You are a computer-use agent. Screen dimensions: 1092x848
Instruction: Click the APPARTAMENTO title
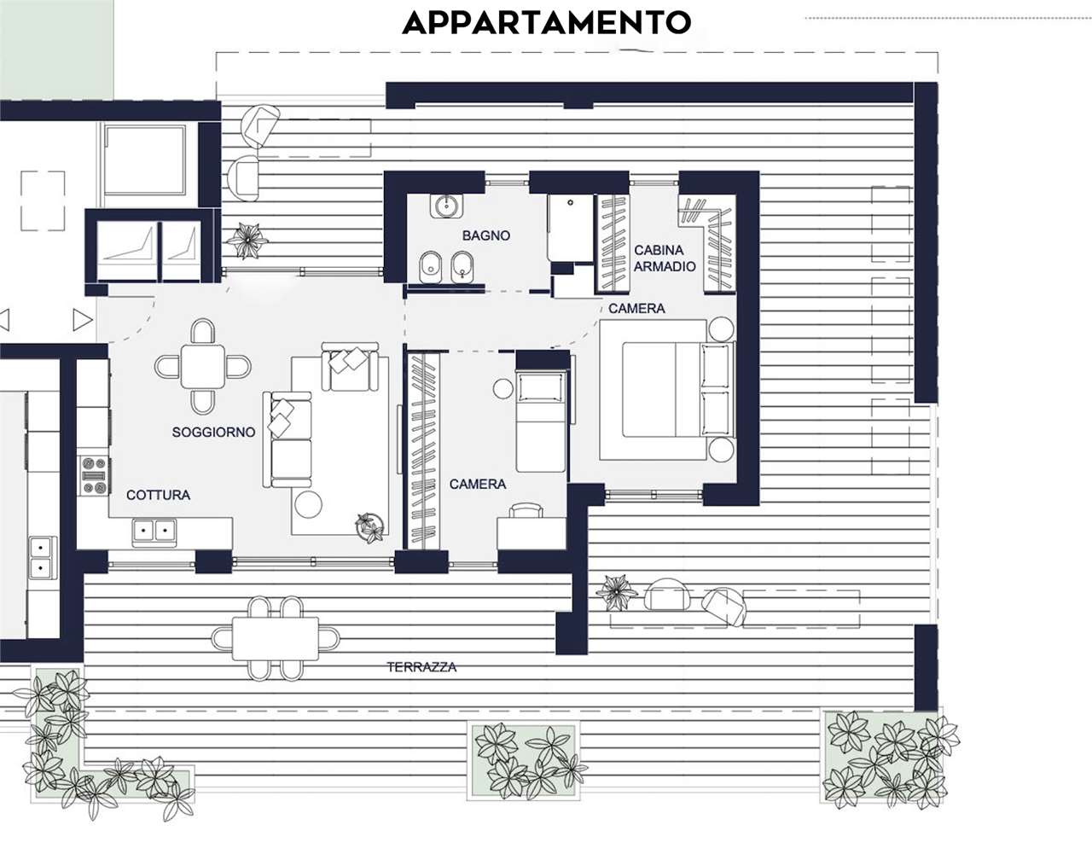click(547, 23)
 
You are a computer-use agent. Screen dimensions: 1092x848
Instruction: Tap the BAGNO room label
click(486, 235)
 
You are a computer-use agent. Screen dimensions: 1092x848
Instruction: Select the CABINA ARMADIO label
click(665, 258)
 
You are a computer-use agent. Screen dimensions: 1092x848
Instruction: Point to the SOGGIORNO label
click(213, 432)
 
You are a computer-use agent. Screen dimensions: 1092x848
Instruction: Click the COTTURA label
click(159, 495)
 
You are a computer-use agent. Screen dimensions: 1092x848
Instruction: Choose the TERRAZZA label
click(421, 667)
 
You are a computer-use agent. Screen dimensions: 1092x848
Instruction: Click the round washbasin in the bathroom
click(446, 206)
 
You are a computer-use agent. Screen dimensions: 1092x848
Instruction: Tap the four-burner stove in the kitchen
click(94, 475)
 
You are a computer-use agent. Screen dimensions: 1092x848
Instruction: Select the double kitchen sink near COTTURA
click(154, 532)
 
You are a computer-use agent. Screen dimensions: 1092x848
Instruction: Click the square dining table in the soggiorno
click(203, 366)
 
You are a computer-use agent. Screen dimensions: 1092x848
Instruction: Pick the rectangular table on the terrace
click(276, 638)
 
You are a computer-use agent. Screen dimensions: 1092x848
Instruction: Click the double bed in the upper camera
click(667, 389)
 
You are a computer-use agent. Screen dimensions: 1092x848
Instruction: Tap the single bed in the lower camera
click(541, 421)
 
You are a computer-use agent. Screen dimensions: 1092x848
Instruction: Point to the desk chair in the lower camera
click(526, 510)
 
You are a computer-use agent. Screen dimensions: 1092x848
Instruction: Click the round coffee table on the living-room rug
click(308, 504)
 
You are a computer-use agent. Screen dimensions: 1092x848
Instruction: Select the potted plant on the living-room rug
click(370, 527)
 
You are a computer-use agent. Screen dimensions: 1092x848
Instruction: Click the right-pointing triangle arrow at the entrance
click(83, 320)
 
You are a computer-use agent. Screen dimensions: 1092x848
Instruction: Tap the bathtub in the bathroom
click(570, 228)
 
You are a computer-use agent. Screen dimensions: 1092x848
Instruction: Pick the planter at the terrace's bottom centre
click(523, 760)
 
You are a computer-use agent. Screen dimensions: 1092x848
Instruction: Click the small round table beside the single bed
click(503, 388)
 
